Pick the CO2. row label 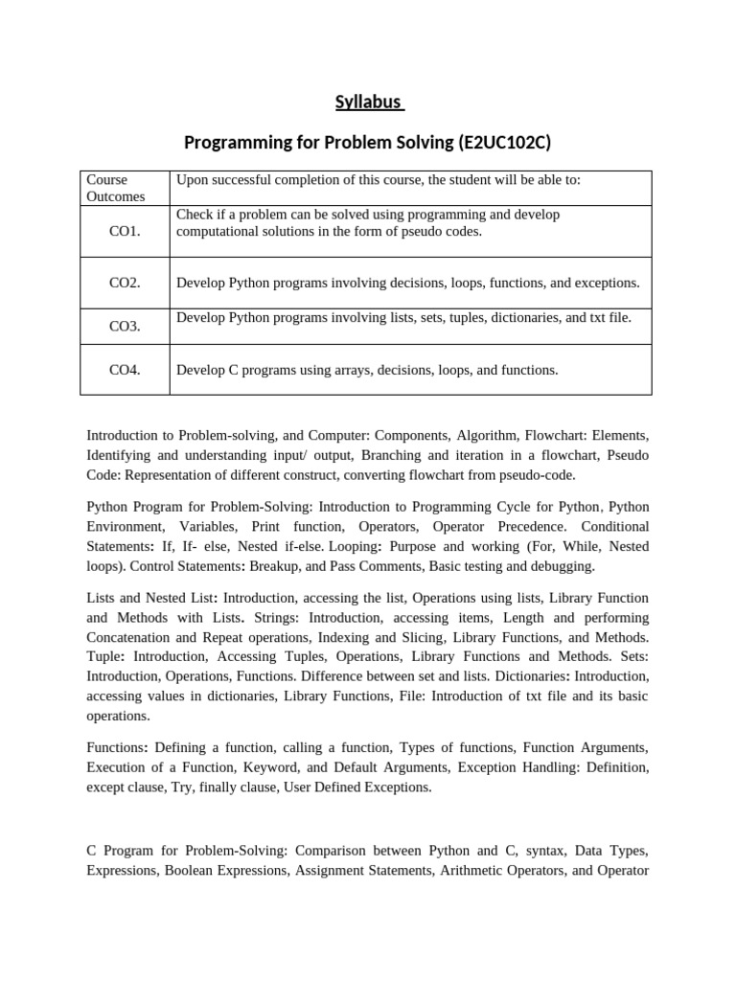pyautogui.click(x=125, y=283)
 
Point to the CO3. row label pyautogui.click(x=125, y=326)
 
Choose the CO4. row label pyautogui.click(x=125, y=369)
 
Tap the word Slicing pyautogui.click(x=417, y=637)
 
